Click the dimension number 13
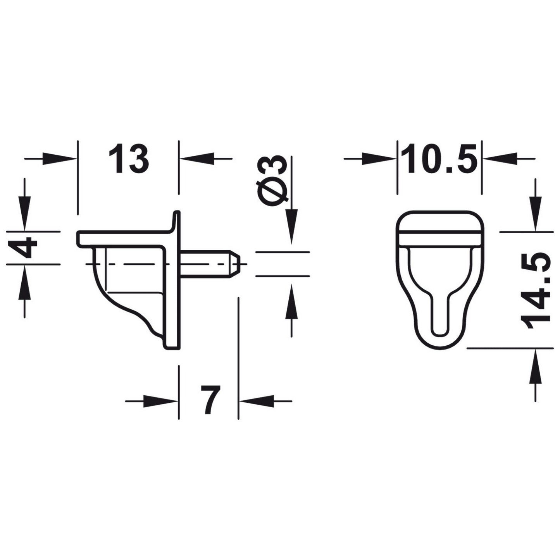(128, 159)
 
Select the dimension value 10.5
(439, 159)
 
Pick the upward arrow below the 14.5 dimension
(536, 366)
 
